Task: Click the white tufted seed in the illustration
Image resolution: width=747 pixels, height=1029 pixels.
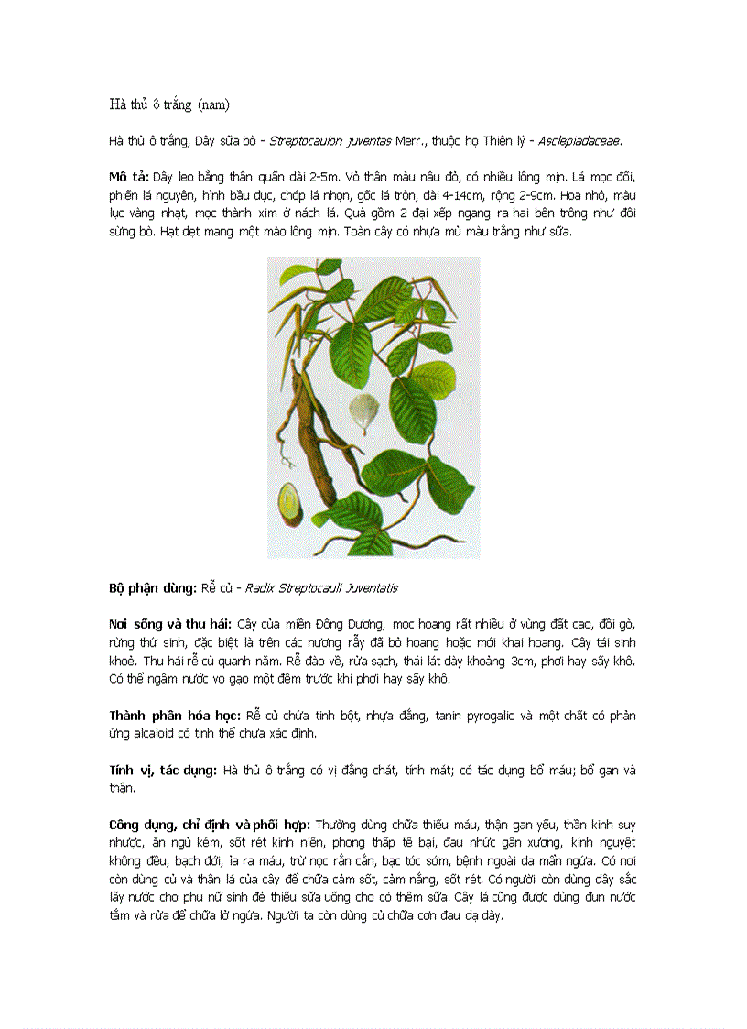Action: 366,412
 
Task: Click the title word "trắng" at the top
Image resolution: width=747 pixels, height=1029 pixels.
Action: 176,104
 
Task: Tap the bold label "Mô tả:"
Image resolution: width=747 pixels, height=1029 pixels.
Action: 128,176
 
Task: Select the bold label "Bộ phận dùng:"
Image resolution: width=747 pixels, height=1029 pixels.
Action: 153,587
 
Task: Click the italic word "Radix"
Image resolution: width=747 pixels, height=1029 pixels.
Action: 260,587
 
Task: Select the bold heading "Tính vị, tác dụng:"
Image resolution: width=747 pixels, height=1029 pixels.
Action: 162,770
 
